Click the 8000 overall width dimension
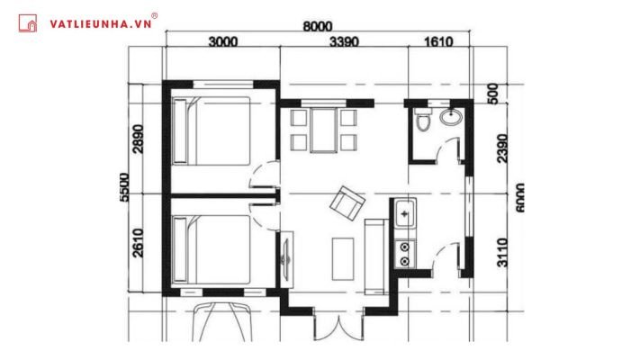click(318, 26)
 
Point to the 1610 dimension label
click(435, 41)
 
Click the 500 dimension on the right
click(493, 94)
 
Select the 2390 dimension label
click(503, 148)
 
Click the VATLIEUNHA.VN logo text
click(100, 24)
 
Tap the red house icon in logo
click(30, 24)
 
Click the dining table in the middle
click(322, 130)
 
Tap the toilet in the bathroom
click(424, 123)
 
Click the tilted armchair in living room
click(347, 202)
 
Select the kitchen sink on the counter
click(405, 215)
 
